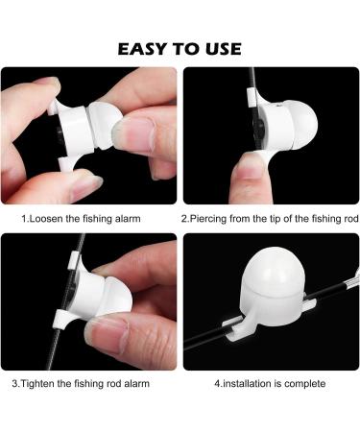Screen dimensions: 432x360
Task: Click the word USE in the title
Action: tap(220, 48)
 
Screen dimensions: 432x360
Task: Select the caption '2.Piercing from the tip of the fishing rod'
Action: tap(268, 219)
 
